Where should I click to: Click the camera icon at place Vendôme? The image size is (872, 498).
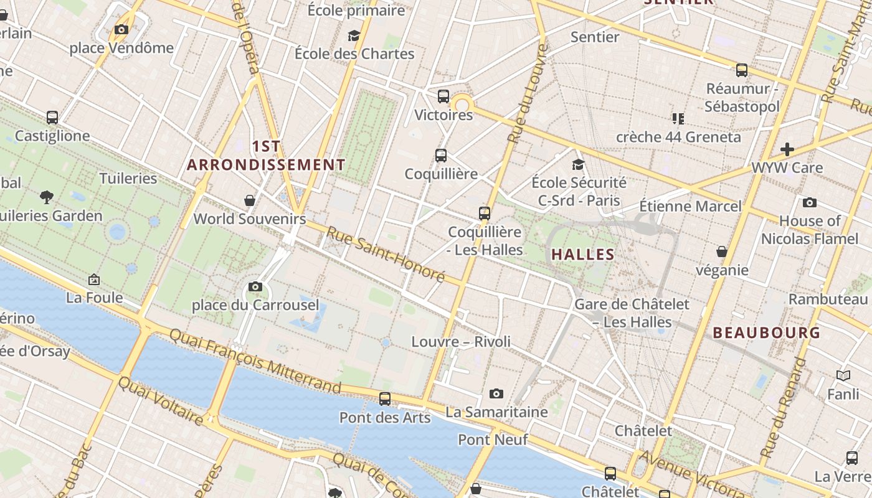(122, 29)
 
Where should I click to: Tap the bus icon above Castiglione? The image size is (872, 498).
(52, 117)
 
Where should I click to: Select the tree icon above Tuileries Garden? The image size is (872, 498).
(47, 197)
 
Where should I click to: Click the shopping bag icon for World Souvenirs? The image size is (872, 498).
(250, 200)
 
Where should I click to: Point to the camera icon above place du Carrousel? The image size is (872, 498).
(255, 287)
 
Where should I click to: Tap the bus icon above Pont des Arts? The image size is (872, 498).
(385, 398)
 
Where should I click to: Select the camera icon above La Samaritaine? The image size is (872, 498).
(496, 393)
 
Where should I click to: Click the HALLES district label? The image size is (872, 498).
(583, 255)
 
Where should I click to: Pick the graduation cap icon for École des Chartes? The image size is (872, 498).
(354, 35)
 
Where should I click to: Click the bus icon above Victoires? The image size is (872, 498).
(443, 96)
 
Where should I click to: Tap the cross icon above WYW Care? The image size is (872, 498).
(787, 149)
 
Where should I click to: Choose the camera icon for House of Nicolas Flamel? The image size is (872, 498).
(810, 202)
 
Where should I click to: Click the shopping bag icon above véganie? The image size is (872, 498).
(722, 251)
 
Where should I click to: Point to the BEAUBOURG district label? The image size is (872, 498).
(767, 332)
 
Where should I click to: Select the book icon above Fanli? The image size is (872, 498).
(843, 375)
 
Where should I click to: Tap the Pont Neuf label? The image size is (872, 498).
(493, 439)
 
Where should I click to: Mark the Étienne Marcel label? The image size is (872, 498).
(690, 206)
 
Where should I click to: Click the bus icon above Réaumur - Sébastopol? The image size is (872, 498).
(742, 70)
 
